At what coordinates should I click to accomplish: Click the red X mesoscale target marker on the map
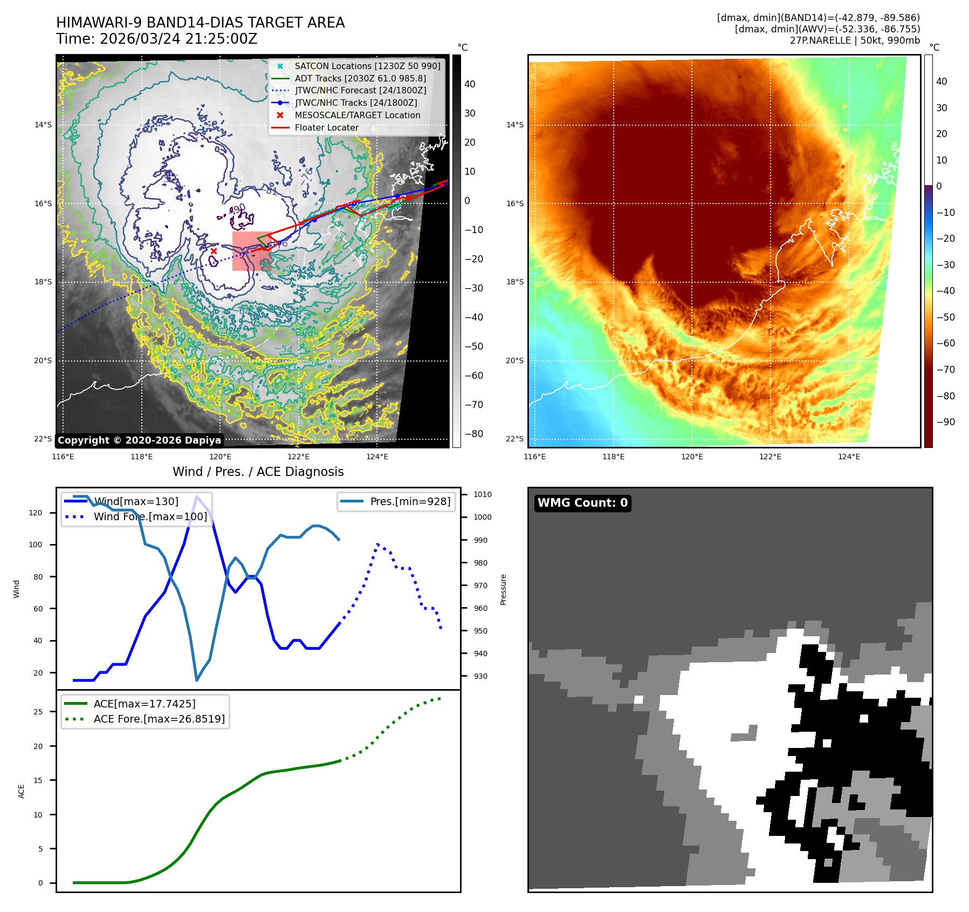[214, 251]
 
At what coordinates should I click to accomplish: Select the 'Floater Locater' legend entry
[326, 128]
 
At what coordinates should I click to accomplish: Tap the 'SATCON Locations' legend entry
[367, 66]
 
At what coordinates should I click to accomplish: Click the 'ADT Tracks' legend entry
[360, 79]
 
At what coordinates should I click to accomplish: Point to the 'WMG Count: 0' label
[582, 503]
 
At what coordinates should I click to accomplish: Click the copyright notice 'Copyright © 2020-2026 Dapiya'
[139, 440]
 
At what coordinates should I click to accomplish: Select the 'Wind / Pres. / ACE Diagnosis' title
[258, 472]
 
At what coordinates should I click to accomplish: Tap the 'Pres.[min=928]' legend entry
[410, 502]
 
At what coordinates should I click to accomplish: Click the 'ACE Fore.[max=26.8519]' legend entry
[159, 719]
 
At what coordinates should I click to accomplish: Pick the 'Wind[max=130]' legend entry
[136, 502]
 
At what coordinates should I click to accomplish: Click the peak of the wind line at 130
[197, 496]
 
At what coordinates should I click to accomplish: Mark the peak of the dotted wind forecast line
[377, 544]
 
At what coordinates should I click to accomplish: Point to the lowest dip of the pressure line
[197, 680]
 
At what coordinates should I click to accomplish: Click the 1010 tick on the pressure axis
[483, 494]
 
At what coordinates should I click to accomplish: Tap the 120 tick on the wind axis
[36, 513]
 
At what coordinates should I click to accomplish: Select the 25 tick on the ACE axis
[38, 712]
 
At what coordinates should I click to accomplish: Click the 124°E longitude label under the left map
[377, 457]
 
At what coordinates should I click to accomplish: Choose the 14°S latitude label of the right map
[514, 125]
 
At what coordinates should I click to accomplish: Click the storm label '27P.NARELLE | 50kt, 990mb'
[855, 41]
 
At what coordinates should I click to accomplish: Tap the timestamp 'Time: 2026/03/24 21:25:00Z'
[157, 39]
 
